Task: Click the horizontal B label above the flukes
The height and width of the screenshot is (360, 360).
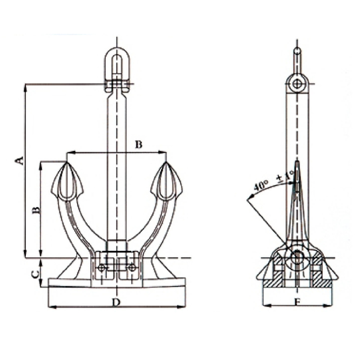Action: tap(138, 145)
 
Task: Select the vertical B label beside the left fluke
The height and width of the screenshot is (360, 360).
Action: tap(36, 210)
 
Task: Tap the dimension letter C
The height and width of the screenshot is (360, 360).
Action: tap(35, 274)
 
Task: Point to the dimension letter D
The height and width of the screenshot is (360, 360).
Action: tap(116, 303)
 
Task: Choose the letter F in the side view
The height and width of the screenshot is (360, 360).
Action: tap(298, 303)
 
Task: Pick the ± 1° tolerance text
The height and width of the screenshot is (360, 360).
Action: tap(285, 176)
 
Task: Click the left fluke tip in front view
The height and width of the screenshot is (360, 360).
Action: tap(67, 163)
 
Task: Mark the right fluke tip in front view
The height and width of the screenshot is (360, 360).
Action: tap(166, 163)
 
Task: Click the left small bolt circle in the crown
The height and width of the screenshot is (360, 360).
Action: tap(101, 267)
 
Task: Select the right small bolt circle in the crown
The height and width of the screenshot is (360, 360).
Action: tap(132, 267)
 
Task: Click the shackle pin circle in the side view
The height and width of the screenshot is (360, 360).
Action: tap(298, 84)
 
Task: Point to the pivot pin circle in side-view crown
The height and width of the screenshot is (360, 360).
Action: tap(298, 257)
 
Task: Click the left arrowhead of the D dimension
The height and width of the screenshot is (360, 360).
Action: tap(52, 307)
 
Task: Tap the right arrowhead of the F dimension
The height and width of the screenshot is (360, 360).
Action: tap(328, 305)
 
